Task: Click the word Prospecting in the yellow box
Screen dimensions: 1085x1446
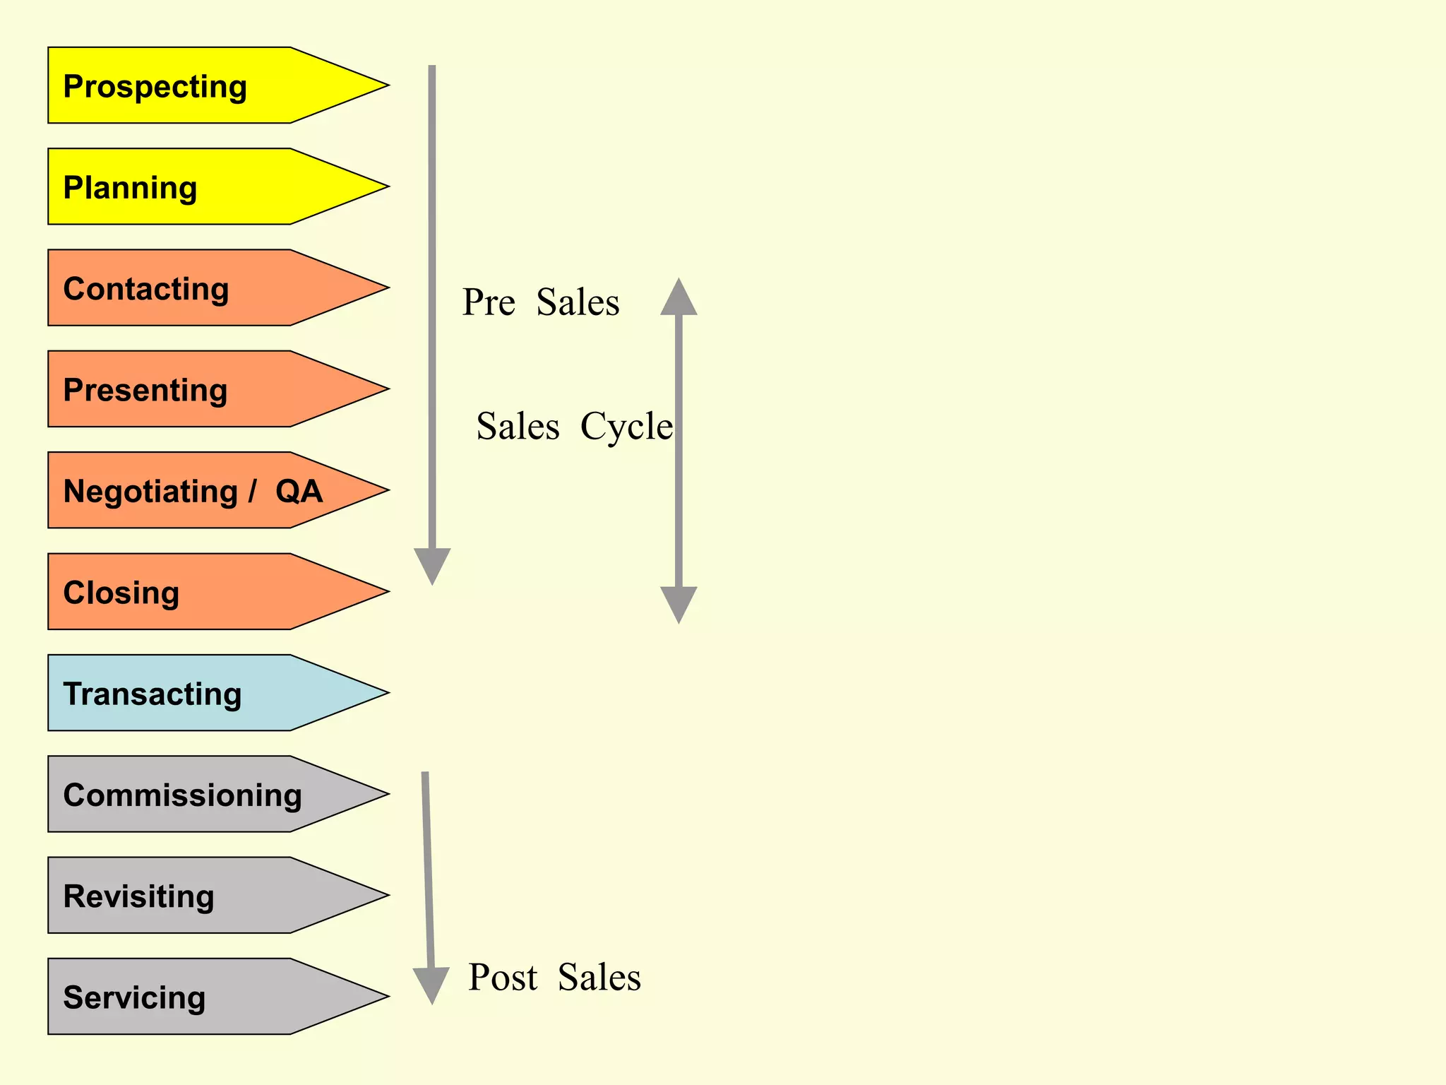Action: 155,87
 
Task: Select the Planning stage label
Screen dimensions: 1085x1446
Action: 130,188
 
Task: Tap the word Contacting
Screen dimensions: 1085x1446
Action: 146,289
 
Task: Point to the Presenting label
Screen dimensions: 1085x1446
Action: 145,390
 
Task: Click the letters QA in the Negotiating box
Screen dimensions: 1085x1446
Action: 299,491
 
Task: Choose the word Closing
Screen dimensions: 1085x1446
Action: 121,593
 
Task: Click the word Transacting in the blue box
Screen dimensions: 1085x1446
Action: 153,694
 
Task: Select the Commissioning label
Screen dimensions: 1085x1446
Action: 182,795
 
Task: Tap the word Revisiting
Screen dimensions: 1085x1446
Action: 138,896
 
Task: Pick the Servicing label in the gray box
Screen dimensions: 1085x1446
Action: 134,997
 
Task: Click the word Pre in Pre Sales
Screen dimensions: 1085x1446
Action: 489,302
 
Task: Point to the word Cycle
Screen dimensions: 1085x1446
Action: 626,427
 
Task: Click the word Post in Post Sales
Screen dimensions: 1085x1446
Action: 503,978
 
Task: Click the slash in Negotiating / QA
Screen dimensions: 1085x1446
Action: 252,491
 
